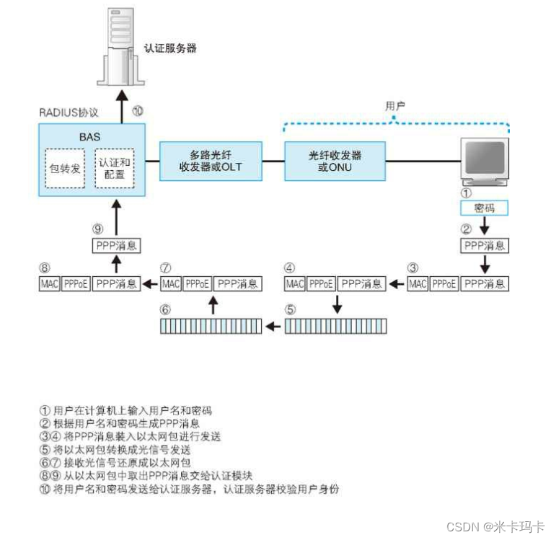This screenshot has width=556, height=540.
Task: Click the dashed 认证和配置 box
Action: click(115, 168)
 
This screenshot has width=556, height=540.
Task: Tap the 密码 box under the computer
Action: click(484, 208)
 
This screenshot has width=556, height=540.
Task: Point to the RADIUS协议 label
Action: click(69, 114)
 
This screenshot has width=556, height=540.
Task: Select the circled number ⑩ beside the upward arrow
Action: click(138, 112)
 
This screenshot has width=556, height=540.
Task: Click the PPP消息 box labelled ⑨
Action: click(116, 246)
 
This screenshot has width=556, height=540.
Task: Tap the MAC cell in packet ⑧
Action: click(49, 283)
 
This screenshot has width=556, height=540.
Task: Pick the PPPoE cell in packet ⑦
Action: click(198, 283)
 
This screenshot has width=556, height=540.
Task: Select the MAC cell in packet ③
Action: click(418, 283)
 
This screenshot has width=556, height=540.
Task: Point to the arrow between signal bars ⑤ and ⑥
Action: click(273, 327)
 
